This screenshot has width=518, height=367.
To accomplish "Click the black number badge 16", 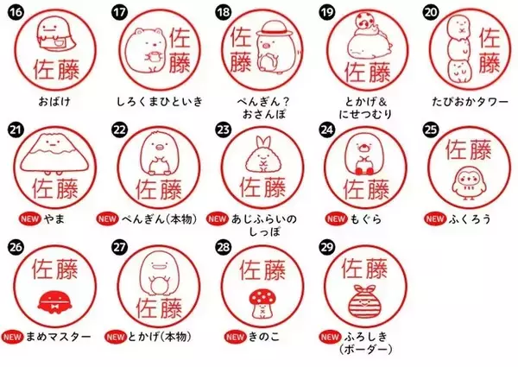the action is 16,12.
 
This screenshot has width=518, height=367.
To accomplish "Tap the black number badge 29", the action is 326,247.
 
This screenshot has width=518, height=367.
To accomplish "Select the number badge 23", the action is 224,130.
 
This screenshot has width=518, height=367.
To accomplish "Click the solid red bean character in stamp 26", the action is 54,302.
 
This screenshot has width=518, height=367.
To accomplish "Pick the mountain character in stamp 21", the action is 54,154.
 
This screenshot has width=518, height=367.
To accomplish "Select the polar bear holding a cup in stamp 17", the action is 145,50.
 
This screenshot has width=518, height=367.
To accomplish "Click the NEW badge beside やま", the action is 29,219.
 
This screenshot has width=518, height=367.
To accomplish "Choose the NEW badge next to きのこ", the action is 235,337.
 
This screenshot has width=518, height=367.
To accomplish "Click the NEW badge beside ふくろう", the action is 435,219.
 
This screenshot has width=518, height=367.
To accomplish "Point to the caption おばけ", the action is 54,101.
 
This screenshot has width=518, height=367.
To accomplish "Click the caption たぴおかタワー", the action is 471,101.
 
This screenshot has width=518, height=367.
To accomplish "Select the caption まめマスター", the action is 58,337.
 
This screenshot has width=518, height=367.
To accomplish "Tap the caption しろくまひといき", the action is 160,101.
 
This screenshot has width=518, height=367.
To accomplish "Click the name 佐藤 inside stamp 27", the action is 159,308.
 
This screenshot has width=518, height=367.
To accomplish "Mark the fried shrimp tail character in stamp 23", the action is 262,155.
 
